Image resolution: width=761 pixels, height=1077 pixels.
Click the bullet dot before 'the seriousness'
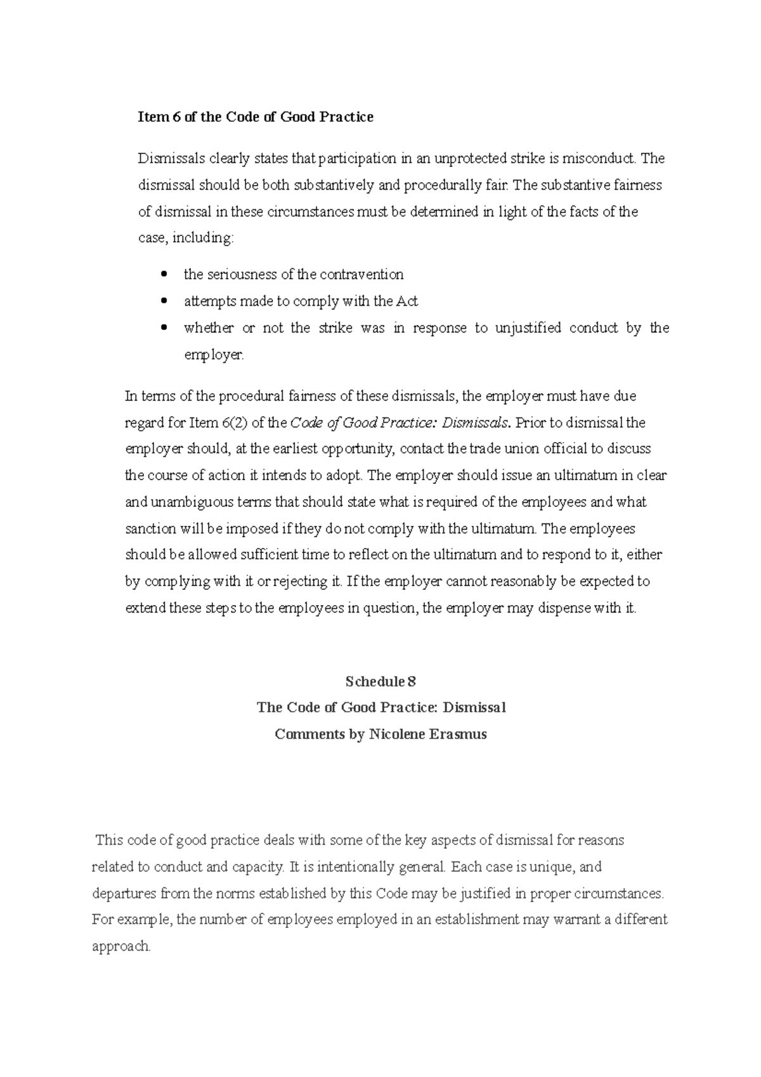pos(164,275)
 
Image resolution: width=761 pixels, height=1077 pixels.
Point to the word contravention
pos(361,275)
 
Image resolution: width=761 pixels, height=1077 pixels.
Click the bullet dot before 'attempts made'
pos(164,301)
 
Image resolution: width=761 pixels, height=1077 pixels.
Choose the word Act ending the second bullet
pos(407,301)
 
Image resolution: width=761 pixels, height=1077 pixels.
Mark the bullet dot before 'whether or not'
pos(164,328)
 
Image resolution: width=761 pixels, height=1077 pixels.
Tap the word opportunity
pos(356,449)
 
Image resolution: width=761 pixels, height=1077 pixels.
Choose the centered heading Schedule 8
pos(380,682)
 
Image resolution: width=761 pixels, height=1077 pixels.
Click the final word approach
pos(121,946)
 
